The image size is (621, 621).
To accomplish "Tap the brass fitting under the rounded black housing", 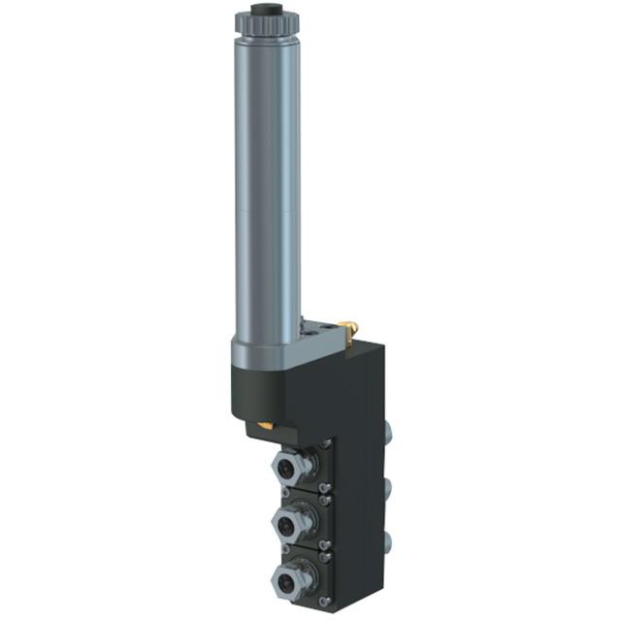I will pyautogui.click(x=264, y=425).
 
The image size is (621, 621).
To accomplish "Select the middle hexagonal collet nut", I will pyautogui.click(x=289, y=525).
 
